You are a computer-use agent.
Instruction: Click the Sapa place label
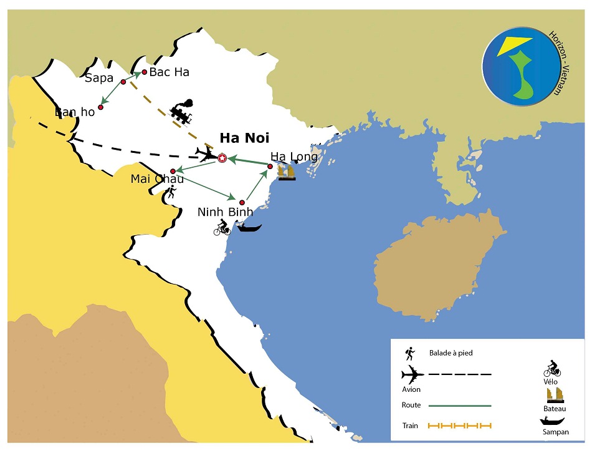point(98,79)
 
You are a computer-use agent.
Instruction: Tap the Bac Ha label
point(169,72)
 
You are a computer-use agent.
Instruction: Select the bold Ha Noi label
point(244,139)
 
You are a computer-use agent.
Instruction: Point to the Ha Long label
point(294,157)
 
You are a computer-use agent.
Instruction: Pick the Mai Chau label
point(157,179)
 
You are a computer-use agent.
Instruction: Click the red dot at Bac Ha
point(145,72)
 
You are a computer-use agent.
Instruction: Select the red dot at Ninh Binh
point(241,202)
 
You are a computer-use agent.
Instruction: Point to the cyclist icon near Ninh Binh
point(222,228)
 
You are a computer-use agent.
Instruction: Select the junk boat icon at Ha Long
point(287,172)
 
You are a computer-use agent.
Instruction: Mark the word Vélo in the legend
point(551,381)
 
